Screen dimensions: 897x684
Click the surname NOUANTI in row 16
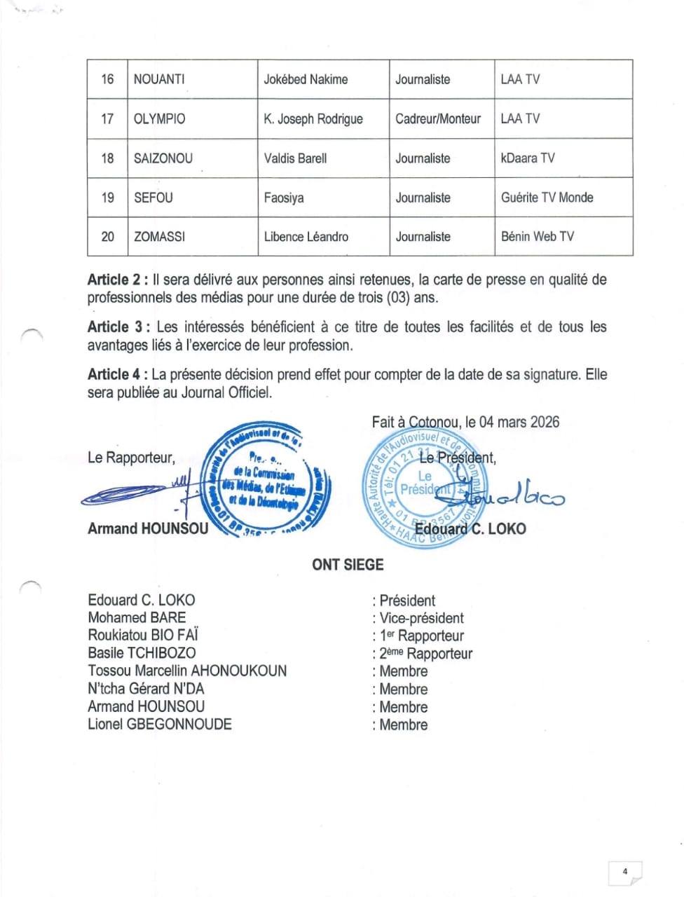(159, 79)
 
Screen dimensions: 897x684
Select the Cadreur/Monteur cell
(438, 118)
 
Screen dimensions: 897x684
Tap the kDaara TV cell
(528, 158)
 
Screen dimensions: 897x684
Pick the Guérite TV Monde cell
(547, 197)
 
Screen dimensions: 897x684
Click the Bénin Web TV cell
(537, 236)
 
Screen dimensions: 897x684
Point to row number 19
(107, 197)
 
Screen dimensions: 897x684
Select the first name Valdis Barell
(295, 158)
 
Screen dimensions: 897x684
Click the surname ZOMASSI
(159, 236)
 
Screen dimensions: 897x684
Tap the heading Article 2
(116, 280)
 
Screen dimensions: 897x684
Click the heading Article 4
(116, 374)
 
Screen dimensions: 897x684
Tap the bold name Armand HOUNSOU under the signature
(148, 528)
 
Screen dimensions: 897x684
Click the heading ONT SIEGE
(348, 564)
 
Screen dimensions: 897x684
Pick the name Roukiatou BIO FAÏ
(143, 635)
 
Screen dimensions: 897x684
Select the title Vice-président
(421, 618)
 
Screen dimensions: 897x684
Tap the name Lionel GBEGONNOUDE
(160, 724)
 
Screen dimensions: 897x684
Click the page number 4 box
(624, 872)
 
